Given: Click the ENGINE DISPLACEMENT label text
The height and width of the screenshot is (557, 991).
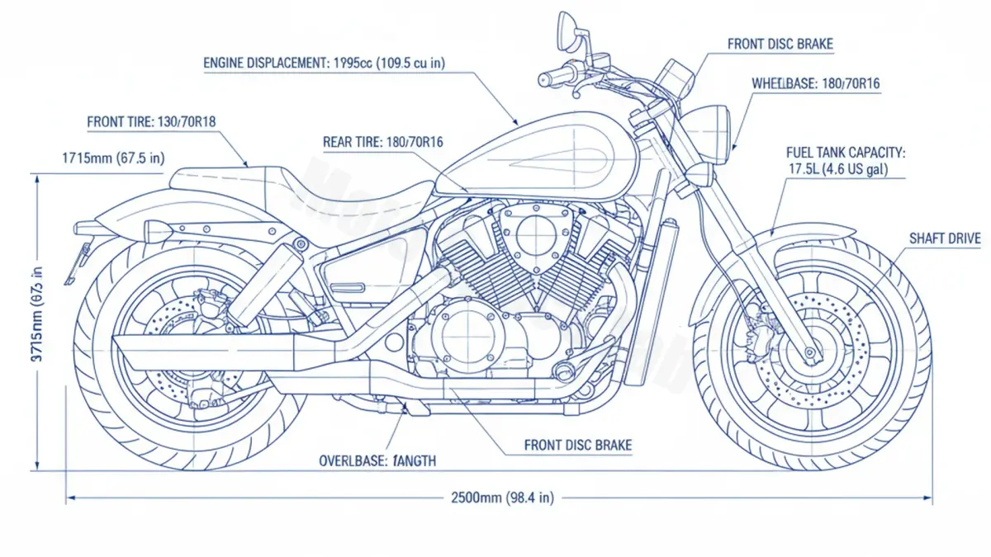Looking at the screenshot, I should [325, 63].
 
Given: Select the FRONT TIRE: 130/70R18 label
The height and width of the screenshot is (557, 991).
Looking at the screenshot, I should [152, 121].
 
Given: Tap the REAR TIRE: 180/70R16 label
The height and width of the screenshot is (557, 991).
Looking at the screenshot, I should [382, 142].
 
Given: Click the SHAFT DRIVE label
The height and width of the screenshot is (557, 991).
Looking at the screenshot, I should [945, 238].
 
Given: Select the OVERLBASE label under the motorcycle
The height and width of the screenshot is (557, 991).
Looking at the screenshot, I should [377, 460].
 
